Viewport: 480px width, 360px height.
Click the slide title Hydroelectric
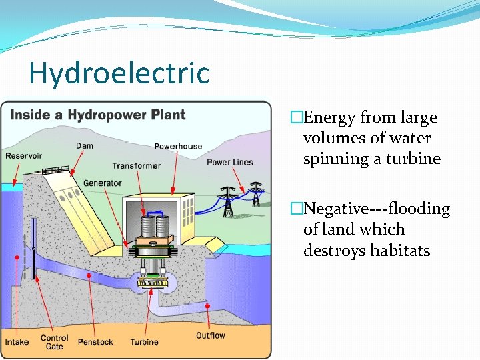(119, 73)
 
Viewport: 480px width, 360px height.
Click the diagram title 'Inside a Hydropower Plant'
(98, 115)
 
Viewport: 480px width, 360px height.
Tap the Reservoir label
(24, 155)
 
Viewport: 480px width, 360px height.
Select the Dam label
(85, 145)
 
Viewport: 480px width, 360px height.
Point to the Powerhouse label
(178, 146)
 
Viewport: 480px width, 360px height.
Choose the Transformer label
(136, 165)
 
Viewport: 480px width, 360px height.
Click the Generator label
(103, 183)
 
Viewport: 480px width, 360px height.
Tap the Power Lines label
(230, 162)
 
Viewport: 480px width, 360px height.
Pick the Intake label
(17, 342)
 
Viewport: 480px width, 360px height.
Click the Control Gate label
(55, 342)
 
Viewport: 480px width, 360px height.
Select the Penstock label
(95, 342)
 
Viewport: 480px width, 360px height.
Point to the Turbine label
(145, 342)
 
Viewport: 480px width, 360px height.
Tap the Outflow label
(211, 335)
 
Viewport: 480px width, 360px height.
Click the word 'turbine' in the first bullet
(417, 159)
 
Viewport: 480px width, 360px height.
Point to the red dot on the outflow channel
(208, 306)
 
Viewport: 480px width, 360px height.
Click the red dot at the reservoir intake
(17, 257)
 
